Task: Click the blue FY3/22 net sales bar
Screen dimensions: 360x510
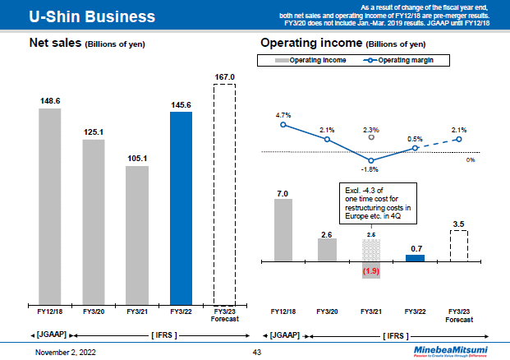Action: pos(181,207)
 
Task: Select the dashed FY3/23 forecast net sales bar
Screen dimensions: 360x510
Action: pos(224,194)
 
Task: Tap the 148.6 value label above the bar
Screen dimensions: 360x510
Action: pos(49,101)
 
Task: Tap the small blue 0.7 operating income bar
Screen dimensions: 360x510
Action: pos(416,258)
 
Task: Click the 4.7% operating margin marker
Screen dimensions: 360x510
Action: pos(283,125)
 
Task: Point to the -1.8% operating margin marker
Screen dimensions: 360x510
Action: pos(371,160)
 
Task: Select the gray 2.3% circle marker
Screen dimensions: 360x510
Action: pos(371,138)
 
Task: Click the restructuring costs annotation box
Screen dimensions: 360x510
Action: pos(377,203)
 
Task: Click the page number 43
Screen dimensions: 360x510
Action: pos(255,352)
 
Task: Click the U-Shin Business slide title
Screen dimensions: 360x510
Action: pos(80,16)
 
